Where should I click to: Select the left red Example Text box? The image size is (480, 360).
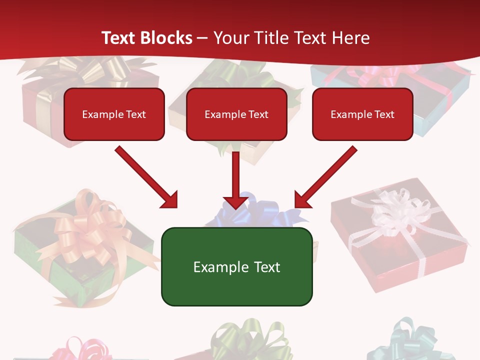pyautogui.click(x=114, y=114)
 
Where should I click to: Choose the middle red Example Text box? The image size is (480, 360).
pyautogui.click(x=236, y=114)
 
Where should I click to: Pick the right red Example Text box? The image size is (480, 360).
pyautogui.click(x=362, y=114)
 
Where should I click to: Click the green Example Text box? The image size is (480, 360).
pyautogui.click(x=236, y=266)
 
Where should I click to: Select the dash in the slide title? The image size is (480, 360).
pyautogui.click(x=202, y=38)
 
